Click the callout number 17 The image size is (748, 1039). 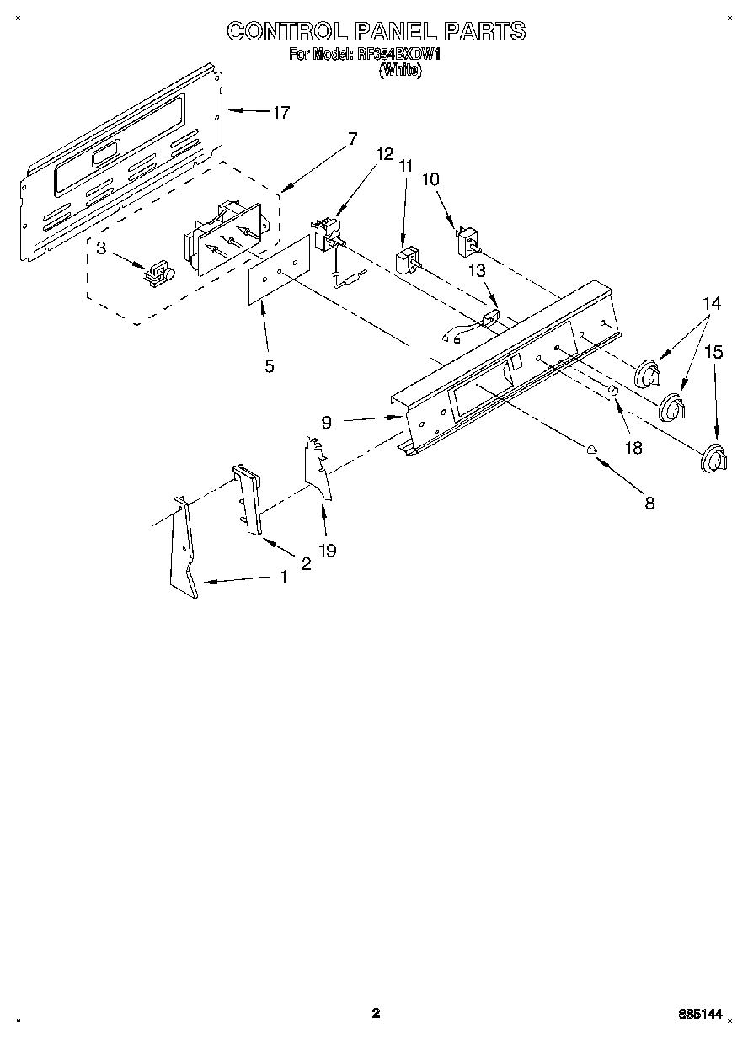click(280, 112)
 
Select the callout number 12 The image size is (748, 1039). click(384, 154)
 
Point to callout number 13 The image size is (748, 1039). click(477, 269)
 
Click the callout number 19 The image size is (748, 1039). click(328, 550)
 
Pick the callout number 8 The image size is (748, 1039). click(649, 504)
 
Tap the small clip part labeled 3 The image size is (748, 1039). click(158, 271)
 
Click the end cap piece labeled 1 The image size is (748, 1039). click(184, 547)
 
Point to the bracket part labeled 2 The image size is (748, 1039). click(248, 498)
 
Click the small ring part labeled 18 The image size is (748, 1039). click(614, 392)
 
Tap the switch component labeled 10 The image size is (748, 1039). click(466, 242)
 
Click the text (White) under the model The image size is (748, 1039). click(399, 72)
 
